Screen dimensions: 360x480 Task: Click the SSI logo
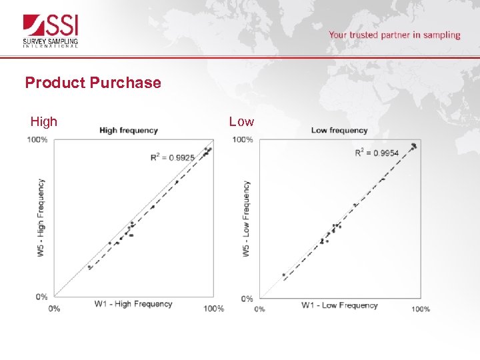coord(52,31)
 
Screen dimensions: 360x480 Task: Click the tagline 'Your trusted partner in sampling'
coord(394,35)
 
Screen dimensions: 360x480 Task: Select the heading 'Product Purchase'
coord(93,83)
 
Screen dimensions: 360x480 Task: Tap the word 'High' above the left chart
coord(44,121)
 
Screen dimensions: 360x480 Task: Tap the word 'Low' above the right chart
coord(241,121)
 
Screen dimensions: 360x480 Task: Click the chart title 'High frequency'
coord(128,130)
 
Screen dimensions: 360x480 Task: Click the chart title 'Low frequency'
coord(339,130)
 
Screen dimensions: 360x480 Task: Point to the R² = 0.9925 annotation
coord(172,158)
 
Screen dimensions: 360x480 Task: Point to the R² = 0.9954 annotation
coord(377,153)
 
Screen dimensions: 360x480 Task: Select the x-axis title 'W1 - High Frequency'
coord(133,304)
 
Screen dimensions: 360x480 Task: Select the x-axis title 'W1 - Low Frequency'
coord(339,305)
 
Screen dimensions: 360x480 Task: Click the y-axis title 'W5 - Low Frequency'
coord(246,219)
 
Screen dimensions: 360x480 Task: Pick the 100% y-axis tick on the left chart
coord(37,139)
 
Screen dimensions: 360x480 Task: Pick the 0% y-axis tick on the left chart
coord(41,297)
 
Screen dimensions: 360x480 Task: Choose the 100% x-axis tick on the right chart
coord(420,309)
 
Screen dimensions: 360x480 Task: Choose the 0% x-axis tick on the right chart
coord(259,309)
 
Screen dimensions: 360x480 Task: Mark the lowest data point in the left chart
coord(89,267)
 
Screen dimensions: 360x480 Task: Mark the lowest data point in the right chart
coord(283,275)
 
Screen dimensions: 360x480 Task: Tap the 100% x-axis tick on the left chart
coord(213,309)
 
